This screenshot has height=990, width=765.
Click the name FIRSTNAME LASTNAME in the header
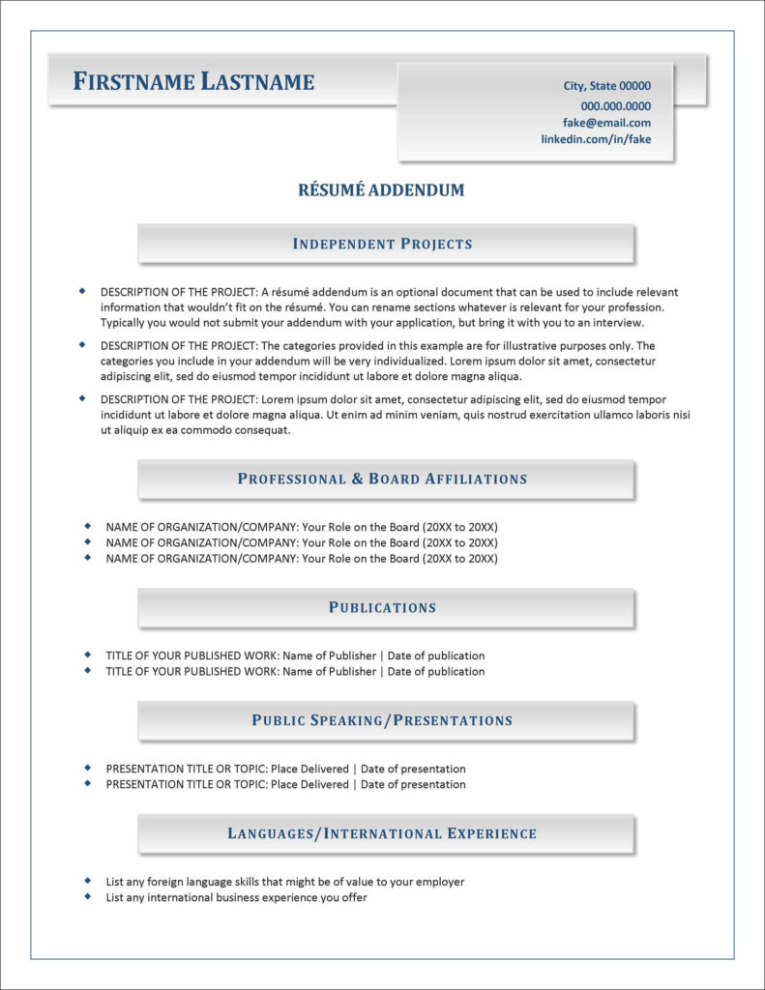(x=193, y=82)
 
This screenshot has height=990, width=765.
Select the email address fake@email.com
(x=606, y=123)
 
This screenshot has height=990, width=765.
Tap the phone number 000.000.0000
(x=615, y=106)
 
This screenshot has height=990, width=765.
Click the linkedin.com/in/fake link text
(x=596, y=139)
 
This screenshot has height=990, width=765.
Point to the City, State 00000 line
(x=606, y=86)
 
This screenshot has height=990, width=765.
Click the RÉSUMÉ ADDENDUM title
(x=382, y=190)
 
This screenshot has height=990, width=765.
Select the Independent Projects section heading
(x=383, y=244)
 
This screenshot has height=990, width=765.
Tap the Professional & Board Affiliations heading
(x=383, y=479)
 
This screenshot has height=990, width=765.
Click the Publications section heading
(x=383, y=607)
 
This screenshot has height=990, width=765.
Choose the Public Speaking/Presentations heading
(x=383, y=720)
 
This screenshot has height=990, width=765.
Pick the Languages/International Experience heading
(x=383, y=833)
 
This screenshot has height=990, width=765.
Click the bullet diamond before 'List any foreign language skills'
(x=87, y=881)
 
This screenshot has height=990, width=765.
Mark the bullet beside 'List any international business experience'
(x=87, y=896)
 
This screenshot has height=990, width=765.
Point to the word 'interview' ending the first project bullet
(x=618, y=322)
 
